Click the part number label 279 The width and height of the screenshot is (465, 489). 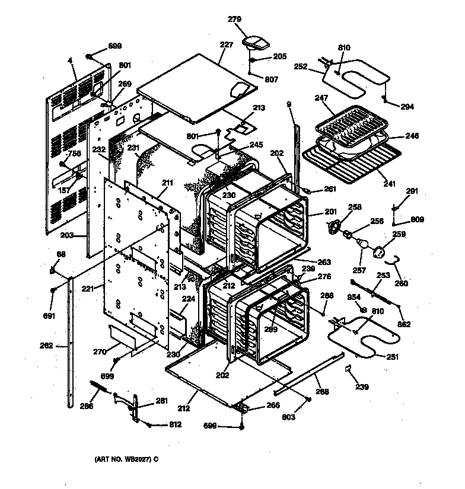(x=234, y=20)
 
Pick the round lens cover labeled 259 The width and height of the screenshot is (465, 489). (x=380, y=253)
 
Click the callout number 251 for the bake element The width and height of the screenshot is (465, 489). (x=393, y=357)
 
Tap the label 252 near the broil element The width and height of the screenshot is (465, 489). (x=301, y=67)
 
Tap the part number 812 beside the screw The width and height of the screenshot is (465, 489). (x=174, y=424)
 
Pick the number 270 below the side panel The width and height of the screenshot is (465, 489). (x=100, y=351)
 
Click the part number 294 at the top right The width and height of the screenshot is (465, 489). (x=407, y=107)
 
